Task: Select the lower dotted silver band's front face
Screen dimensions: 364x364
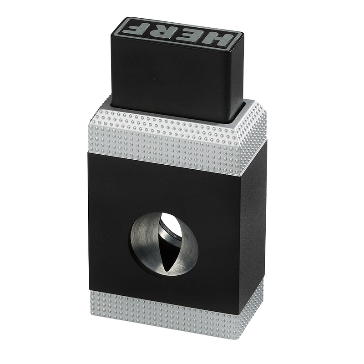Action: [164, 311]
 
